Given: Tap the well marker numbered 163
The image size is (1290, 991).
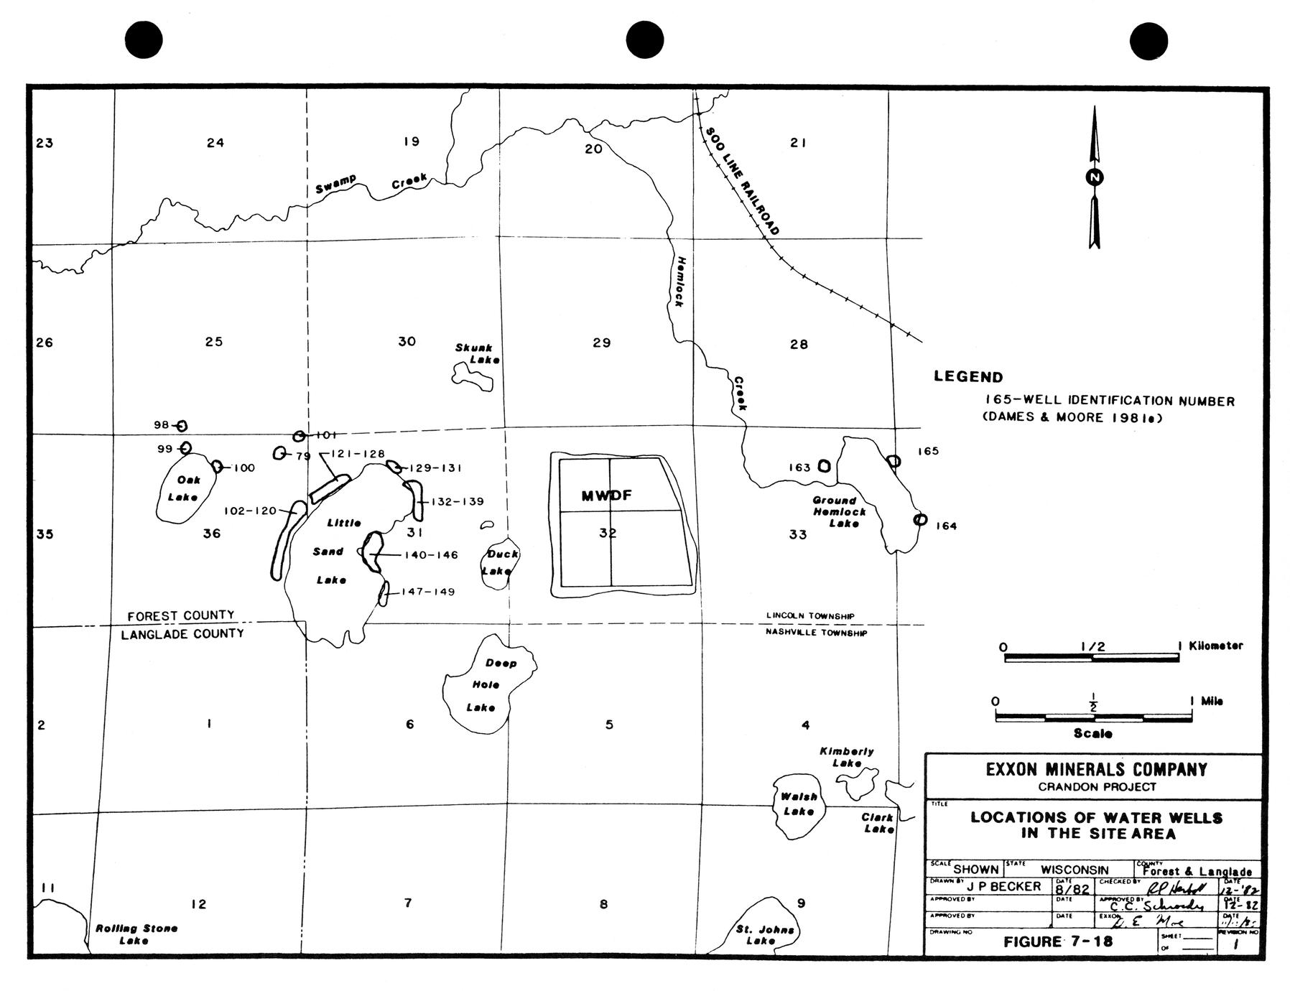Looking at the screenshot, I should [x=824, y=466].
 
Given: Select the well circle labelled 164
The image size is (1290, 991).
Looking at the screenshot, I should [x=919, y=519].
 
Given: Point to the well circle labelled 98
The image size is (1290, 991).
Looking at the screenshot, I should [x=182, y=426].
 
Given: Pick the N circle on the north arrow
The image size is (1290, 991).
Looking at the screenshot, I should [x=1095, y=177].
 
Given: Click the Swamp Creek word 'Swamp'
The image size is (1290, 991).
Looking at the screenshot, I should [x=335, y=184].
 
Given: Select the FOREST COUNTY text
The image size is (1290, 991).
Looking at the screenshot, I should [x=181, y=615].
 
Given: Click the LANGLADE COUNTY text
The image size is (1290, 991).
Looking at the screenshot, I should [x=182, y=634].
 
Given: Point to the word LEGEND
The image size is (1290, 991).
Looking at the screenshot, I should [x=968, y=376].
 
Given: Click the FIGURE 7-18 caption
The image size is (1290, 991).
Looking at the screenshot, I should [x=1058, y=941].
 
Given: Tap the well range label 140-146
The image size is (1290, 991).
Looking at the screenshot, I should [x=431, y=554].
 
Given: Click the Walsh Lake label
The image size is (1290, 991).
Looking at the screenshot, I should [x=798, y=804].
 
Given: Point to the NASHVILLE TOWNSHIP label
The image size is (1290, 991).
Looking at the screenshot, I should [x=816, y=633].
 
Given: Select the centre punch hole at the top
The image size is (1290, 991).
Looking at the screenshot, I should [x=645, y=39].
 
